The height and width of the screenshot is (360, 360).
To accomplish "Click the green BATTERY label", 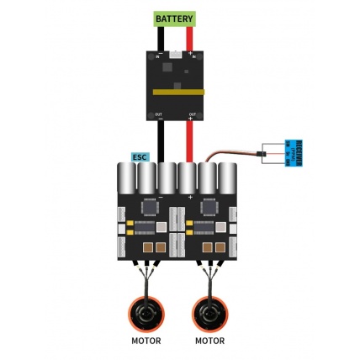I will click(174, 19).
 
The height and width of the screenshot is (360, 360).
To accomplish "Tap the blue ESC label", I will click(140, 156).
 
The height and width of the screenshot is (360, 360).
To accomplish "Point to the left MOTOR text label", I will click(146, 341).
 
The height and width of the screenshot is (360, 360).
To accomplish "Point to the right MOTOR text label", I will click(209, 341).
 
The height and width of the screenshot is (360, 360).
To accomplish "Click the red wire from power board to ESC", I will click(190, 139).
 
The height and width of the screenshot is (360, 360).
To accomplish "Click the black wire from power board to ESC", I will click(160, 139).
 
